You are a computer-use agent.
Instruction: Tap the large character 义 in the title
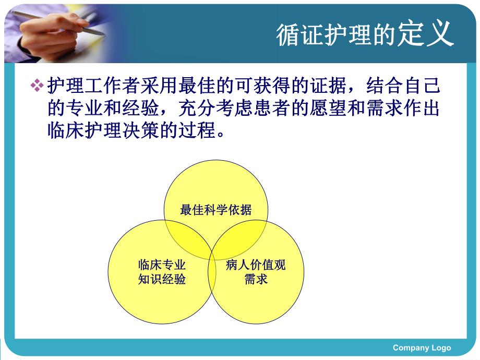coord(440,34)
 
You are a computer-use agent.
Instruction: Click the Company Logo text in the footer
coord(422,348)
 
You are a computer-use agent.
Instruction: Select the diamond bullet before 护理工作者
coord(37,85)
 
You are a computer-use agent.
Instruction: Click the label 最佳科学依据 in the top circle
coord(215,210)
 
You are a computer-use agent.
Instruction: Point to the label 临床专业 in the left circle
coord(162,265)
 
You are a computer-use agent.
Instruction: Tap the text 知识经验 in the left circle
coord(162,279)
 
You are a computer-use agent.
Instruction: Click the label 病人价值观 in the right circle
coord(256,265)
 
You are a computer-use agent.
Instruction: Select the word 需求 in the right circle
coord(256,279)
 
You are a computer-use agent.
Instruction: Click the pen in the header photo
coord(63,21)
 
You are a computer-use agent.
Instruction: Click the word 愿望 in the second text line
coord(324,108)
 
